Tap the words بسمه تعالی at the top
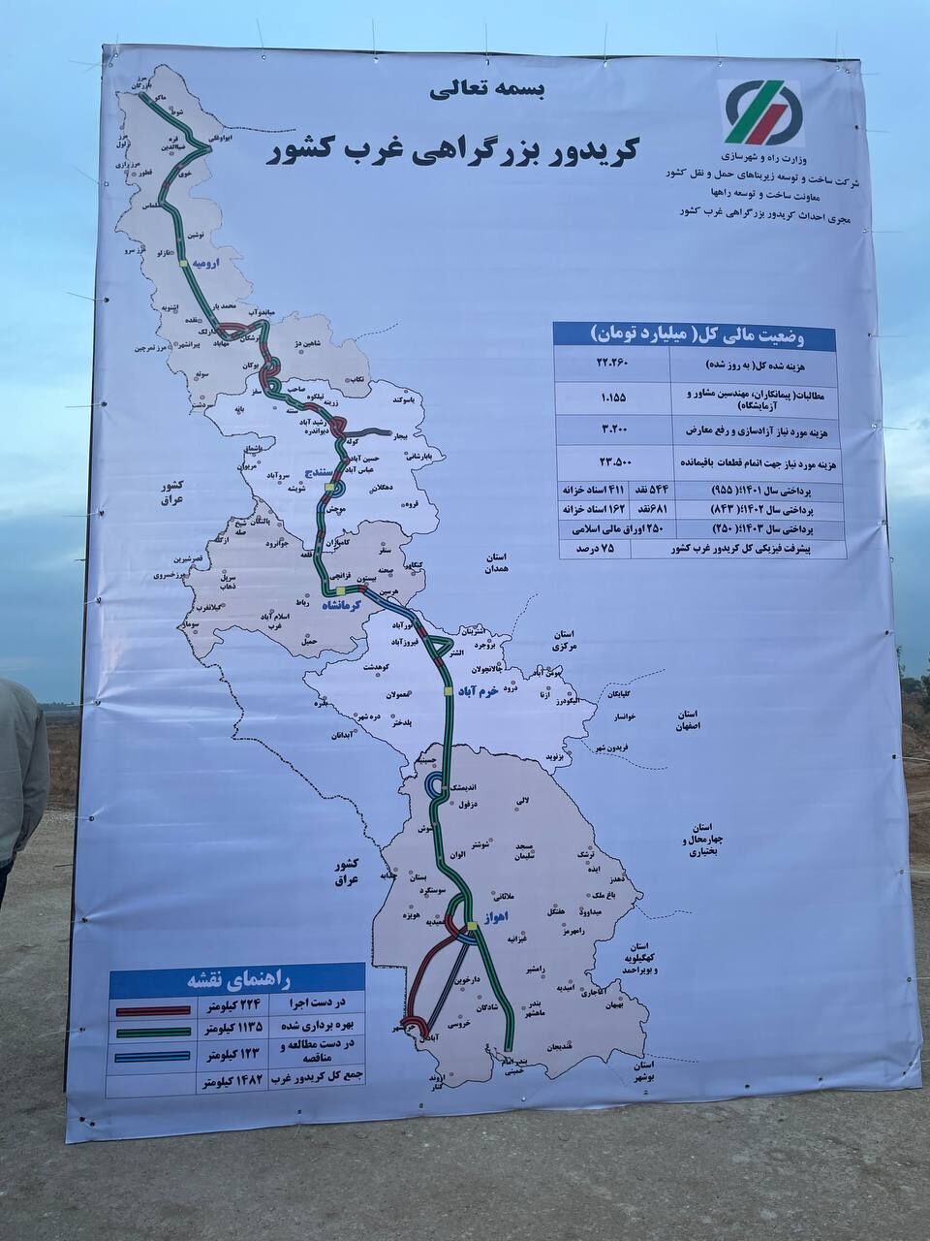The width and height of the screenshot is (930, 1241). [x=489, y=92]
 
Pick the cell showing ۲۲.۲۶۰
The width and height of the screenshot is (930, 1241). [x=613, y=364]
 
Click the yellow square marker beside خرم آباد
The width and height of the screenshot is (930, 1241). [x=448, y=689]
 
